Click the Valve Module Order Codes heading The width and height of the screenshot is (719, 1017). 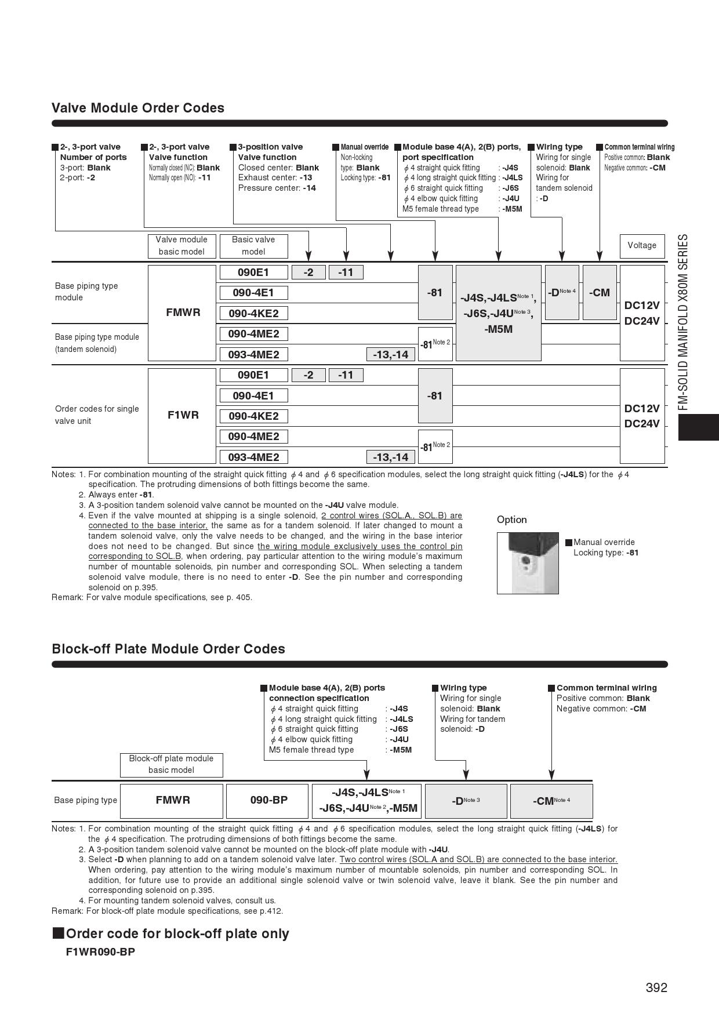pyautogui.click(x=138, y=108)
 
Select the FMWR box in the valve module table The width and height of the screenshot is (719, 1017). pyautogui.click(x=183, y=313)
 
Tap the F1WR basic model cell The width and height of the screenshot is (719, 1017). pyautogui.click(x=183, y=415)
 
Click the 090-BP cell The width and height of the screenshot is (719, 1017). pyautogui.click(x=269, y=800)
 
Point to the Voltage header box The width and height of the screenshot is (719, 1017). pyautogui.click(x=642, y=246)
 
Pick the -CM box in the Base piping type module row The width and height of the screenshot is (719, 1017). pyautogui.click(x=600, y=293)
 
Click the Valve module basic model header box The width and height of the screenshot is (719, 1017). pyautogui.click(x=181, y=246)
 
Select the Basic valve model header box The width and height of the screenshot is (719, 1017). pyautogui.click(x=253, y=246)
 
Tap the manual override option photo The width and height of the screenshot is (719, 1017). pyautogui.click(x=528, y=563)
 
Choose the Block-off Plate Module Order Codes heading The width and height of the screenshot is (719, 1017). pyautogui.click(x=168, y=649)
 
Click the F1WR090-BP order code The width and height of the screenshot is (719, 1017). pyautogui.click(x=100, y=952)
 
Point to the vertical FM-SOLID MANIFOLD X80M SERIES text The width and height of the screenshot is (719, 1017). pyautogui.click(x=684, y=322)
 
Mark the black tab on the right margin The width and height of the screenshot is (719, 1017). pyautogui.click(x=698, y=427)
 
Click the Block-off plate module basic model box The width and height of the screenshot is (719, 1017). pyautogui.click(x=171, y=765)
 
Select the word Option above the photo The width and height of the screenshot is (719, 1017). pyautogui.click(x=511, y=520)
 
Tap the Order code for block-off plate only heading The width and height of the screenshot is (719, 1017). pyautogui.click(x=177, y=934)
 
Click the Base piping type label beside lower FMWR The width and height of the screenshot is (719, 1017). pyautogui.click(x=85, y=800)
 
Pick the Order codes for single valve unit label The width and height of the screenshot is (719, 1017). pyautogui.click(x=97, y=415)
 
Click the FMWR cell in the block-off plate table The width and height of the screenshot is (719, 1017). pyautogui.click(x=173, y=800)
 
